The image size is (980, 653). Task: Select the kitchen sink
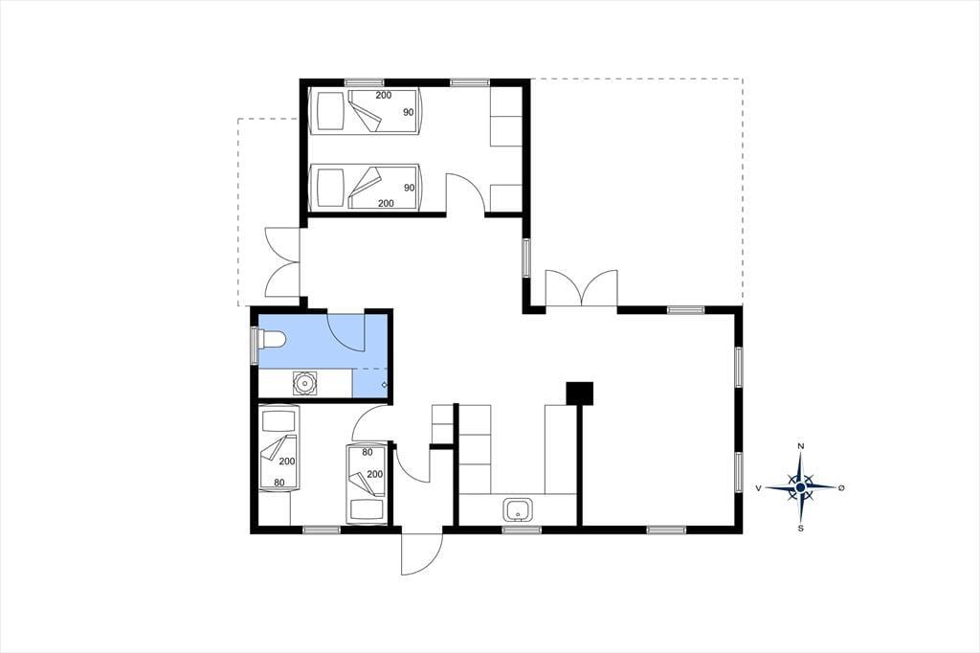tap(518, 509)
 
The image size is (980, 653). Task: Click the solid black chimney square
tap(579, 394)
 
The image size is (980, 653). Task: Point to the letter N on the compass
tap(801, 446)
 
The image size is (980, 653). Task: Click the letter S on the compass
tap(801, 528)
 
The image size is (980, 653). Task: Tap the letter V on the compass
tap(759, 488)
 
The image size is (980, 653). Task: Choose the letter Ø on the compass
tap(841, 487)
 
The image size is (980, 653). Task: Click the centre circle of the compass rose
tap(801, 486)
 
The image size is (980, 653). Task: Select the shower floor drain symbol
tap(384, 385)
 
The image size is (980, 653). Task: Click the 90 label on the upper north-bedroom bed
tap(409, 113)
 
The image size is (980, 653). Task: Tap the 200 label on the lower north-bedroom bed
tap(387, 203)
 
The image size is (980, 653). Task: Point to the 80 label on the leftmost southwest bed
tap(279, 483)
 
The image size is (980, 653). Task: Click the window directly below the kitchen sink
tap(522, 530)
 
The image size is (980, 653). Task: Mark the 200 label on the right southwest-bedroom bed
tap(375, 474)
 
